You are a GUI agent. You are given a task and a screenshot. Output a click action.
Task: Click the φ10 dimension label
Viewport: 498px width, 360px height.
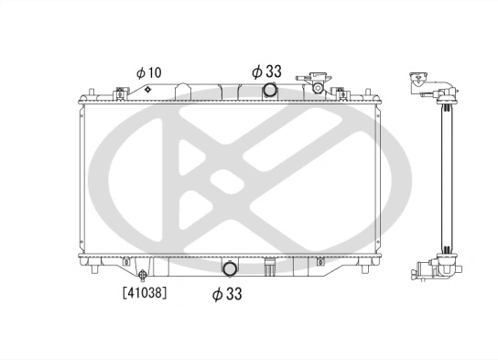click(x=148, y=72)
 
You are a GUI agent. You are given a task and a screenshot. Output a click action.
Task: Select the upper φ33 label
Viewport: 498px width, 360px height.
click(x=267, y=70)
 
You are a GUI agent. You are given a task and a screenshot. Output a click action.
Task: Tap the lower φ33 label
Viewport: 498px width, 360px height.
click(x=226, y=294)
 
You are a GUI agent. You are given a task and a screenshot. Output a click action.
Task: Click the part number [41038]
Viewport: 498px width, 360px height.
click(x=146, y=294)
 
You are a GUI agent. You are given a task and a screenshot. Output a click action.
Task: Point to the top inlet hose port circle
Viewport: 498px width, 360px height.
click(x=270, y=90)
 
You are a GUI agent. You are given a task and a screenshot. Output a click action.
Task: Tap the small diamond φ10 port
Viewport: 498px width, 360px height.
click(x=146, y=90)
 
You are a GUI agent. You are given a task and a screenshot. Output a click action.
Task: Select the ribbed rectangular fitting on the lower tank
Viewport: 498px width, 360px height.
click(x=269, y=268)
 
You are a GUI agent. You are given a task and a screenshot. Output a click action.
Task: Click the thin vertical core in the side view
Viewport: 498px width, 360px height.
click(x=446, y=174)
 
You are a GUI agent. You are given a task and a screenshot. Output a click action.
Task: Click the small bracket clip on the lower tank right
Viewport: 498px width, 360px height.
click(x=319, y=262)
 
